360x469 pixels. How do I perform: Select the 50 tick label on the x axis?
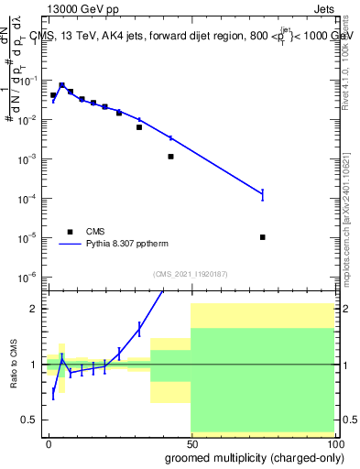click(191, 444)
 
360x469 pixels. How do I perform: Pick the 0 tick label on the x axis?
click(49, 444)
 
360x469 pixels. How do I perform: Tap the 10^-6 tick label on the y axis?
click(30, 277)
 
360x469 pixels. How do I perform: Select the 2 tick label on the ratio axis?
click(34, 309)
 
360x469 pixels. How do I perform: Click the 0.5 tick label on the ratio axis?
click(30, 420)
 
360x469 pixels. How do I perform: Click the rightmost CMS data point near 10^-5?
click(263, 237)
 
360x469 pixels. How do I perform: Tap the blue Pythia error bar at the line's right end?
click(263, 193)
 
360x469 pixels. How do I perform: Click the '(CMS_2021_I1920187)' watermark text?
click(190, 273)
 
